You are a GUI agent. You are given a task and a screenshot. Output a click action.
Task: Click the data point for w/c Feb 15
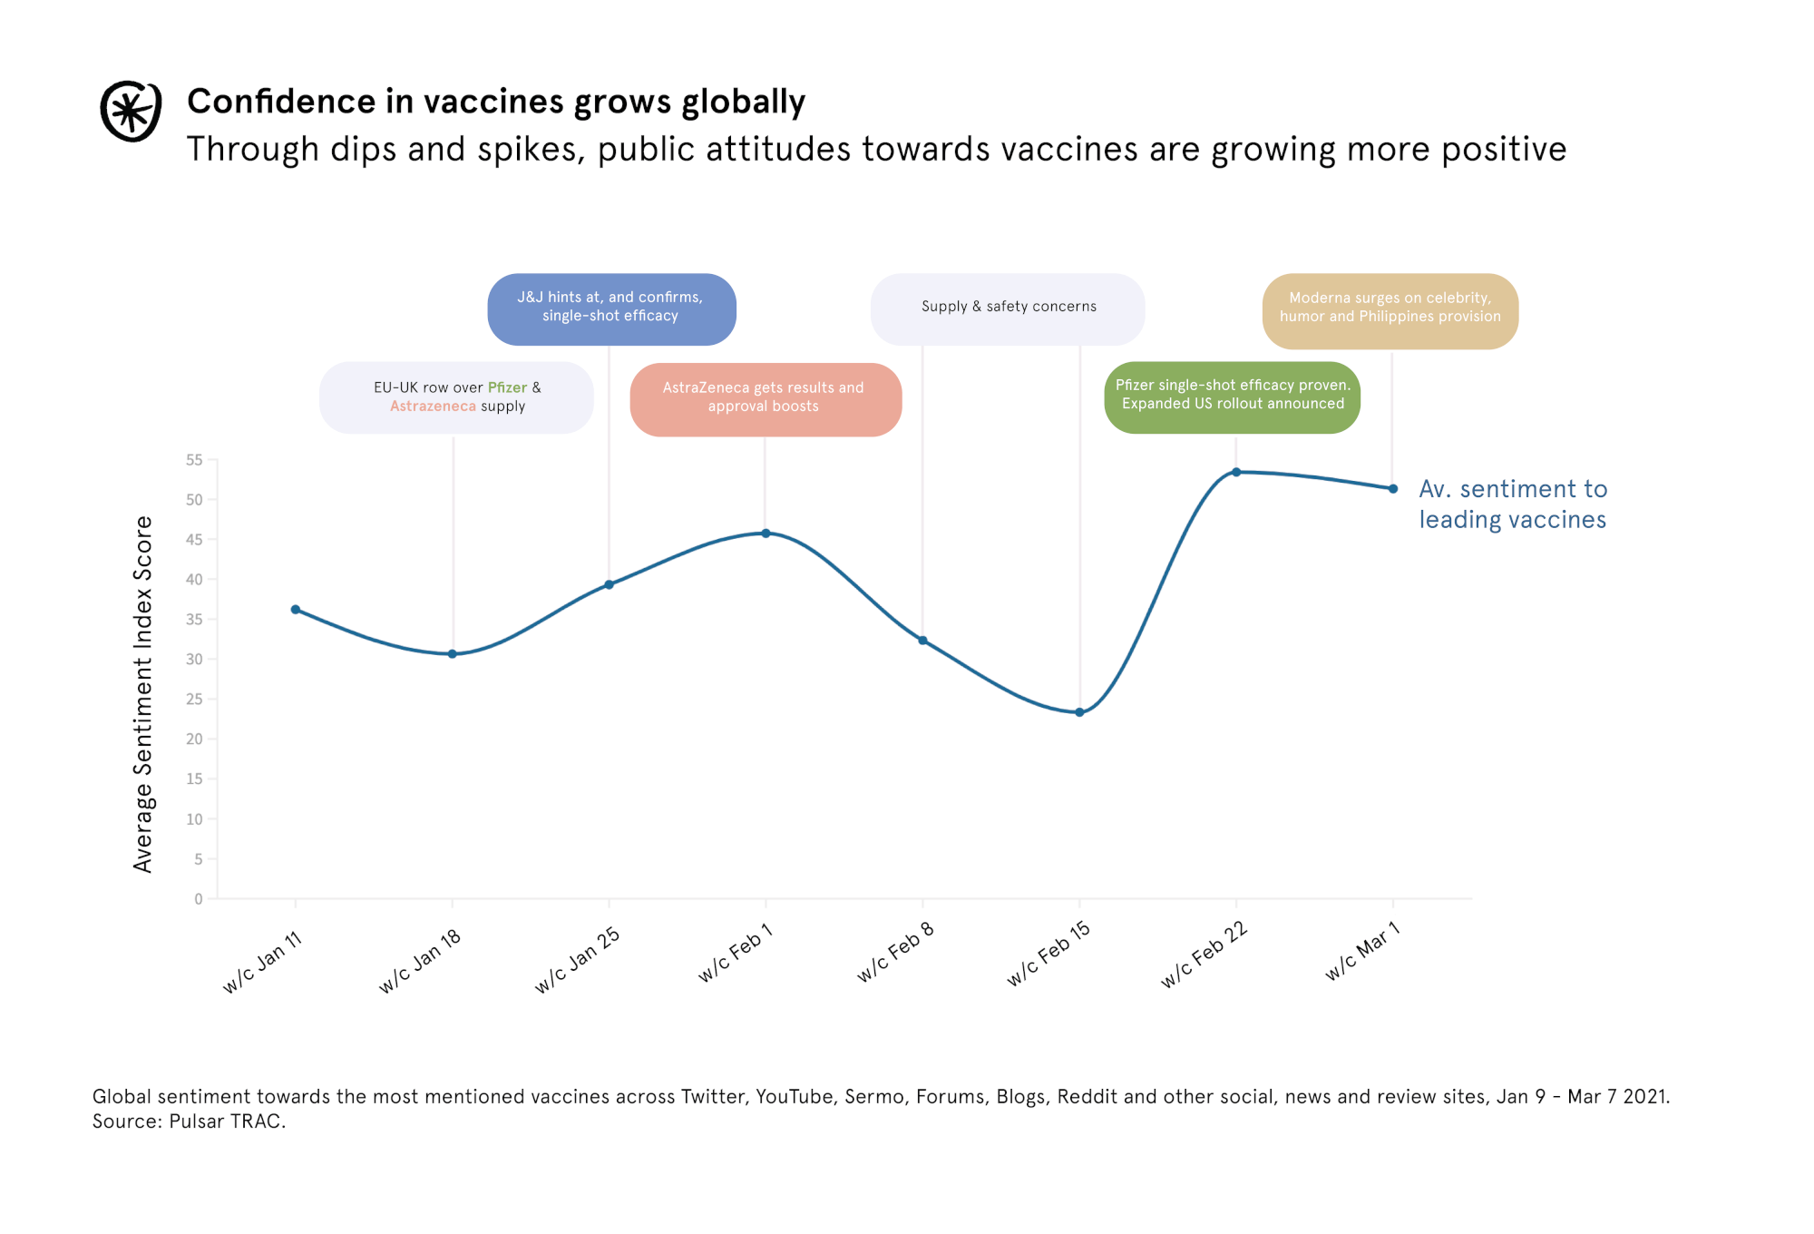(x=1079, y=712)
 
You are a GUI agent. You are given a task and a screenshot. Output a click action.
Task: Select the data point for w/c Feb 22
(x=1236, y=472)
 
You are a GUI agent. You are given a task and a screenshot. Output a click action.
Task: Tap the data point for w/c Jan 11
(x=296, y=610)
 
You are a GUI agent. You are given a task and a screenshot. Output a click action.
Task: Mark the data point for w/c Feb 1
(x=766, y=534)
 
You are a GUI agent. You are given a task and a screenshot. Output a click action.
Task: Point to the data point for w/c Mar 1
(x=1393, y=489)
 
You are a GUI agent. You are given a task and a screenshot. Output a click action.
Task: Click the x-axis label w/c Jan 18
(x=421, y=961)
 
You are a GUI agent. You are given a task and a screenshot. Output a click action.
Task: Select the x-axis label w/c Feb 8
(x=895, y=953)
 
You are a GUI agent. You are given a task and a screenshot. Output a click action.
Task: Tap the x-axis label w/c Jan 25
(x=578, y=960)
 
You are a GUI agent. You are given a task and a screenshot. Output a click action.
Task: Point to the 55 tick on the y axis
(x=194, y=460)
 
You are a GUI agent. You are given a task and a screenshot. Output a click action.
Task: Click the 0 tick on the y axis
(x=199, y=899)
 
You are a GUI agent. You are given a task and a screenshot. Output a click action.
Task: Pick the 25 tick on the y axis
(x=194, y=700)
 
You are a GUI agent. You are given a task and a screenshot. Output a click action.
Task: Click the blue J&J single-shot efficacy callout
(x=611, y=308)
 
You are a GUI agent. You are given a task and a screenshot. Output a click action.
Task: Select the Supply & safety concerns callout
(x=1008, y=308)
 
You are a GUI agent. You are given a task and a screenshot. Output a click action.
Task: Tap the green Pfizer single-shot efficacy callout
(x=1232, y=397)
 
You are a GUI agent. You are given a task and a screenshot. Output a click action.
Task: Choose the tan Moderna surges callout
(x=1390, y=309)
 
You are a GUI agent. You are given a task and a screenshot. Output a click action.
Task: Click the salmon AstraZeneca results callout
(x=765, y=398)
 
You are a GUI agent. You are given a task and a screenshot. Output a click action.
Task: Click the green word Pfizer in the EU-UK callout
(x=507, y=387)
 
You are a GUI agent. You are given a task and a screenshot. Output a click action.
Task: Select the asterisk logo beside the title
(x=131, y=112)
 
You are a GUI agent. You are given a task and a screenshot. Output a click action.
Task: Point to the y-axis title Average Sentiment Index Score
(x=143, y=694)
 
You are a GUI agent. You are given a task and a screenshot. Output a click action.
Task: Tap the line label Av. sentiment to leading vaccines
(x=1512, y=504)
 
